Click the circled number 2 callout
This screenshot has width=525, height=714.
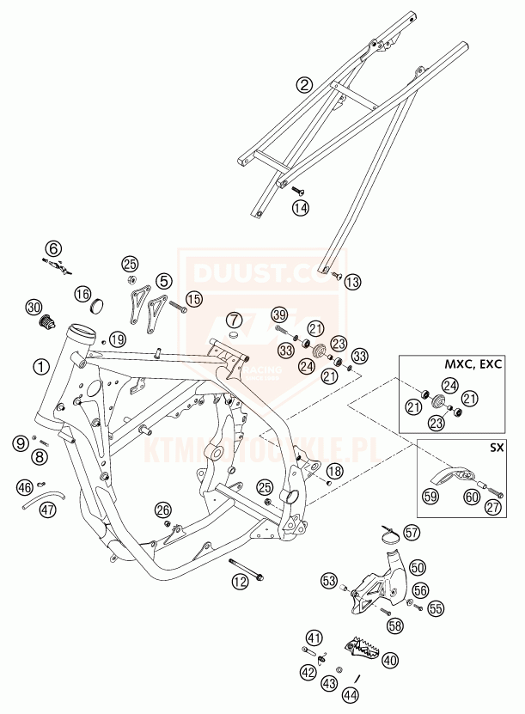coord(303,84)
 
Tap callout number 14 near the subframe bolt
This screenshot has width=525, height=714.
coord(299,207)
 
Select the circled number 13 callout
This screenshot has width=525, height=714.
coord(354,281)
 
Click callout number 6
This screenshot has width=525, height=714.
coord(54,249)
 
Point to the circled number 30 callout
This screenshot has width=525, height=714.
coord(34,307)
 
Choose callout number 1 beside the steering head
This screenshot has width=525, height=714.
coord(40,366)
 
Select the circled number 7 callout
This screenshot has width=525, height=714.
coord(233,320)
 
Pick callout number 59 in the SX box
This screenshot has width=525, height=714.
coord(429,495)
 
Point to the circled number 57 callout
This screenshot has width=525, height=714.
coord(412,533)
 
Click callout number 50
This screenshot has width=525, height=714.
coord(417,567)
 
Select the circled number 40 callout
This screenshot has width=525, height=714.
coord(390,660)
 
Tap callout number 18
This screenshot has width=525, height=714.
coord(333,471)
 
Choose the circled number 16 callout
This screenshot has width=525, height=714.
coord(82,295)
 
